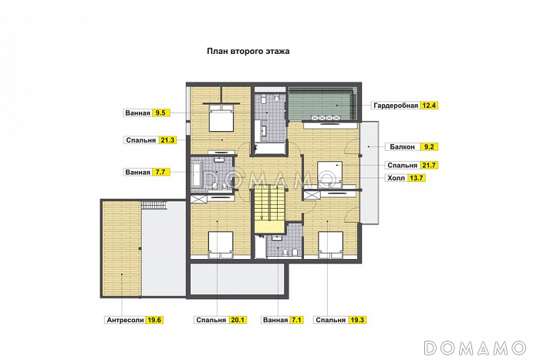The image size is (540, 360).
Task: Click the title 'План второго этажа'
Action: (248, 52)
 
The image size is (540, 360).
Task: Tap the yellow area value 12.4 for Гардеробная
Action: (429, 106)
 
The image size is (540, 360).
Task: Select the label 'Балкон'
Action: (402, 147)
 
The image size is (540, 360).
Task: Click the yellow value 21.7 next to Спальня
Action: (429, 165)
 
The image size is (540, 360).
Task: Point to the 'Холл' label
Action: (396, 178)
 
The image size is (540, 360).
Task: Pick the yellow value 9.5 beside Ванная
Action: (160, 113)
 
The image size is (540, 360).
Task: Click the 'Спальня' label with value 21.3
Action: (141, 140)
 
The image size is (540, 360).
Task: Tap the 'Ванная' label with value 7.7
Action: (138, 172)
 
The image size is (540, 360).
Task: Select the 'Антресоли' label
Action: (125, 320)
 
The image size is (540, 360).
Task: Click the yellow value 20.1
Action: (238, 320)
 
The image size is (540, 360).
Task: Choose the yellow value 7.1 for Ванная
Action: (296, 320)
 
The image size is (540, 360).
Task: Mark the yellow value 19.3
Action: (357, 320)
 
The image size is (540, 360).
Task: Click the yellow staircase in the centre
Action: (270, 209)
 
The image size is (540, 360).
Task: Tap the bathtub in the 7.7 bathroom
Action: (197, 175)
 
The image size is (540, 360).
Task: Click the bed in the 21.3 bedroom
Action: (221, 118)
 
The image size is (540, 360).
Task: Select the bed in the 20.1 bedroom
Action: (221, 244)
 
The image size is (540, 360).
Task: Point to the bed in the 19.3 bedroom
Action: (331, 244)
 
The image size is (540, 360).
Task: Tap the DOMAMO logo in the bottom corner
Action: (476, 348)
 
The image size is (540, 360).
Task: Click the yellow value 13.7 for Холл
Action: (417, 178)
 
